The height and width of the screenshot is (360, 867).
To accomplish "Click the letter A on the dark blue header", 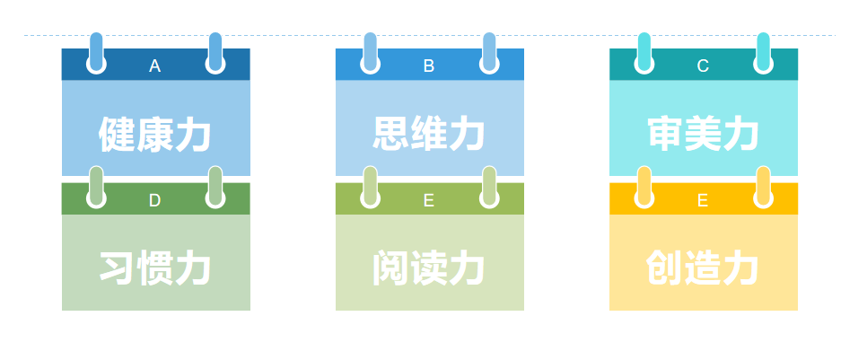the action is pos(155,66).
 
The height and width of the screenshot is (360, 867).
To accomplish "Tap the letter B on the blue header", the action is pos(429,66).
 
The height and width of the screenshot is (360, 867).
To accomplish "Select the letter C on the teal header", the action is pos(703,66).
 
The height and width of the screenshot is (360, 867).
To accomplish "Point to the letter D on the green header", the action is pos(154,200).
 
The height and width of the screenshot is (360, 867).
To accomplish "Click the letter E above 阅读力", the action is pos(429,200).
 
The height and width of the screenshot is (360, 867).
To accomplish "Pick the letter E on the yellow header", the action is pos(703,200).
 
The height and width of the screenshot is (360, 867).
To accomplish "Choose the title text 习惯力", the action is pos(155,268).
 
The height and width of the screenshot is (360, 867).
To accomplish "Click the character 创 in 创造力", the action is pos(665,268).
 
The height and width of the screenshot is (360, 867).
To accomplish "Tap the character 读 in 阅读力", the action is pos(429,268).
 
